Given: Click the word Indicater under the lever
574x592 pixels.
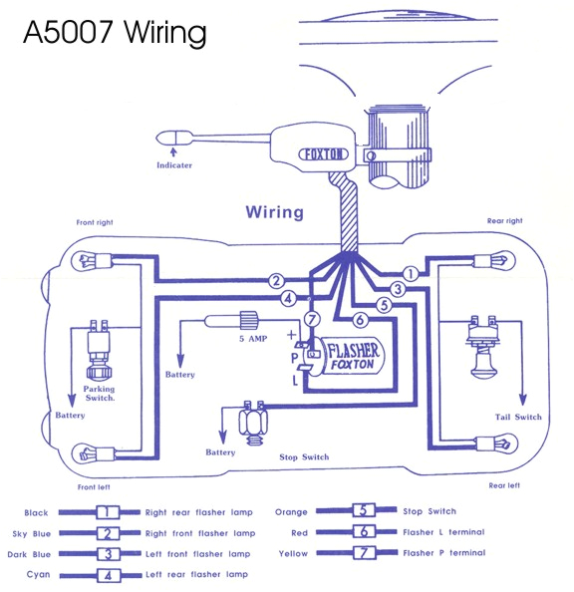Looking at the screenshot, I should coord(173,164).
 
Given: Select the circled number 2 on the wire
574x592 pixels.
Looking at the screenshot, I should coord(277,281).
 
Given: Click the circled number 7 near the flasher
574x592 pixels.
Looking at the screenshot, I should coord(312,320).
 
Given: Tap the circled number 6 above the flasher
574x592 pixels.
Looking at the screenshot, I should coord(360,320).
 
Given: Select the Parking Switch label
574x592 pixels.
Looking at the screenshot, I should coord(99,393).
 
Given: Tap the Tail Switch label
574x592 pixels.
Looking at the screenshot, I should coord(518,417).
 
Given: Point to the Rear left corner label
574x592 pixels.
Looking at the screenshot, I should coord(504,485).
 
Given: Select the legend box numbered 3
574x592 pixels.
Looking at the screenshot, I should coord(107,553).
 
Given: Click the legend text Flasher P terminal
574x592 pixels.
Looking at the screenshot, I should coord(443,552).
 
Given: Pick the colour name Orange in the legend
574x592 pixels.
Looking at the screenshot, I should coord(318,511).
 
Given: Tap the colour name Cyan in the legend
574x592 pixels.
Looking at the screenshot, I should coord(36,574).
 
